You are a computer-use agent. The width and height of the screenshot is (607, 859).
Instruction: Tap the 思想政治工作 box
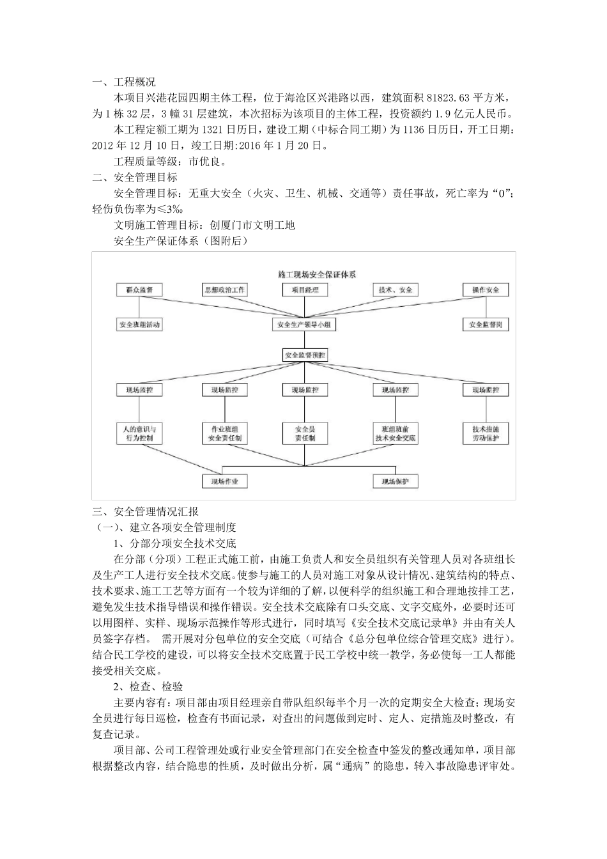[x=224, y=290]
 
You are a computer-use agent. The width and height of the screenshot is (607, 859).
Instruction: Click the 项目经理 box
[x=305, y=290]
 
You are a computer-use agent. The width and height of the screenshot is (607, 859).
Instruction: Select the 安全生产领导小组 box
[x=305, y=325]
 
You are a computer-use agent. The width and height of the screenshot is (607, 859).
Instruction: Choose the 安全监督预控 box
[x=305, y=354]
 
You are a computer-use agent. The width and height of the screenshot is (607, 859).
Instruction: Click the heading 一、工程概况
[x=124, y=82]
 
